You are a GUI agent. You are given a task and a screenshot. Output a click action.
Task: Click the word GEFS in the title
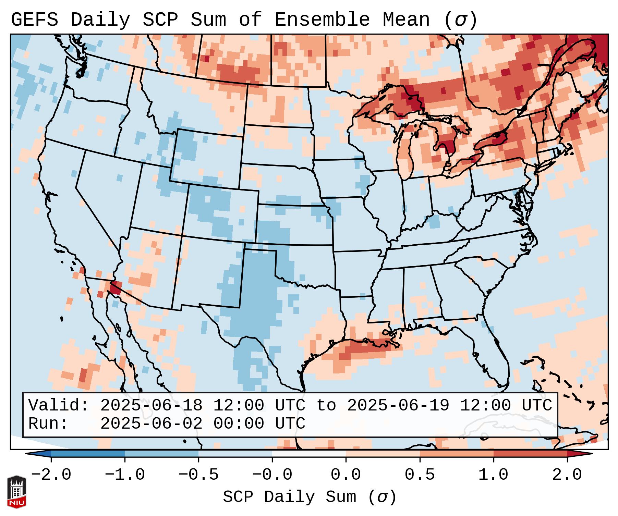[x=34, y=20]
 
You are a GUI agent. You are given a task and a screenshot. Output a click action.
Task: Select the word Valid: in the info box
[x=59, y=406]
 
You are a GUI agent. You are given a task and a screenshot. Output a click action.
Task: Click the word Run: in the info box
[x=48, y=424]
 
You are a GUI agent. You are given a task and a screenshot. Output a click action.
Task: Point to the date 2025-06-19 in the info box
[x=398, y=406]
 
